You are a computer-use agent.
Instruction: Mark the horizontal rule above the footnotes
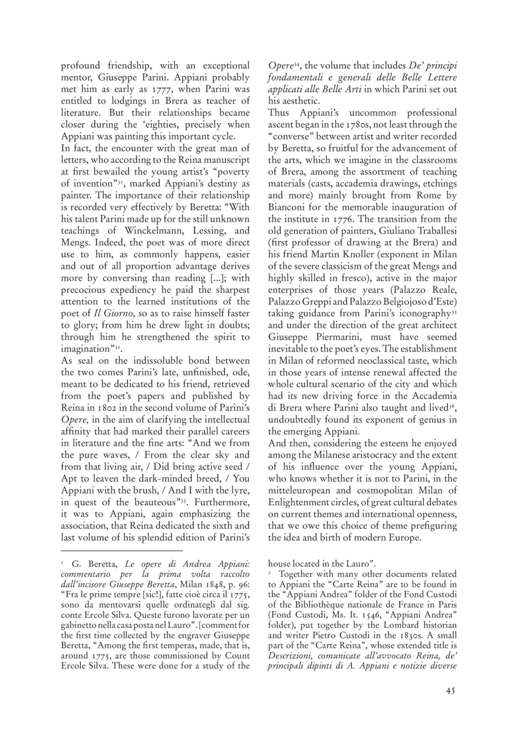[121, 551]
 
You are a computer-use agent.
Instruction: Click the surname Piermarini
[329, 337]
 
